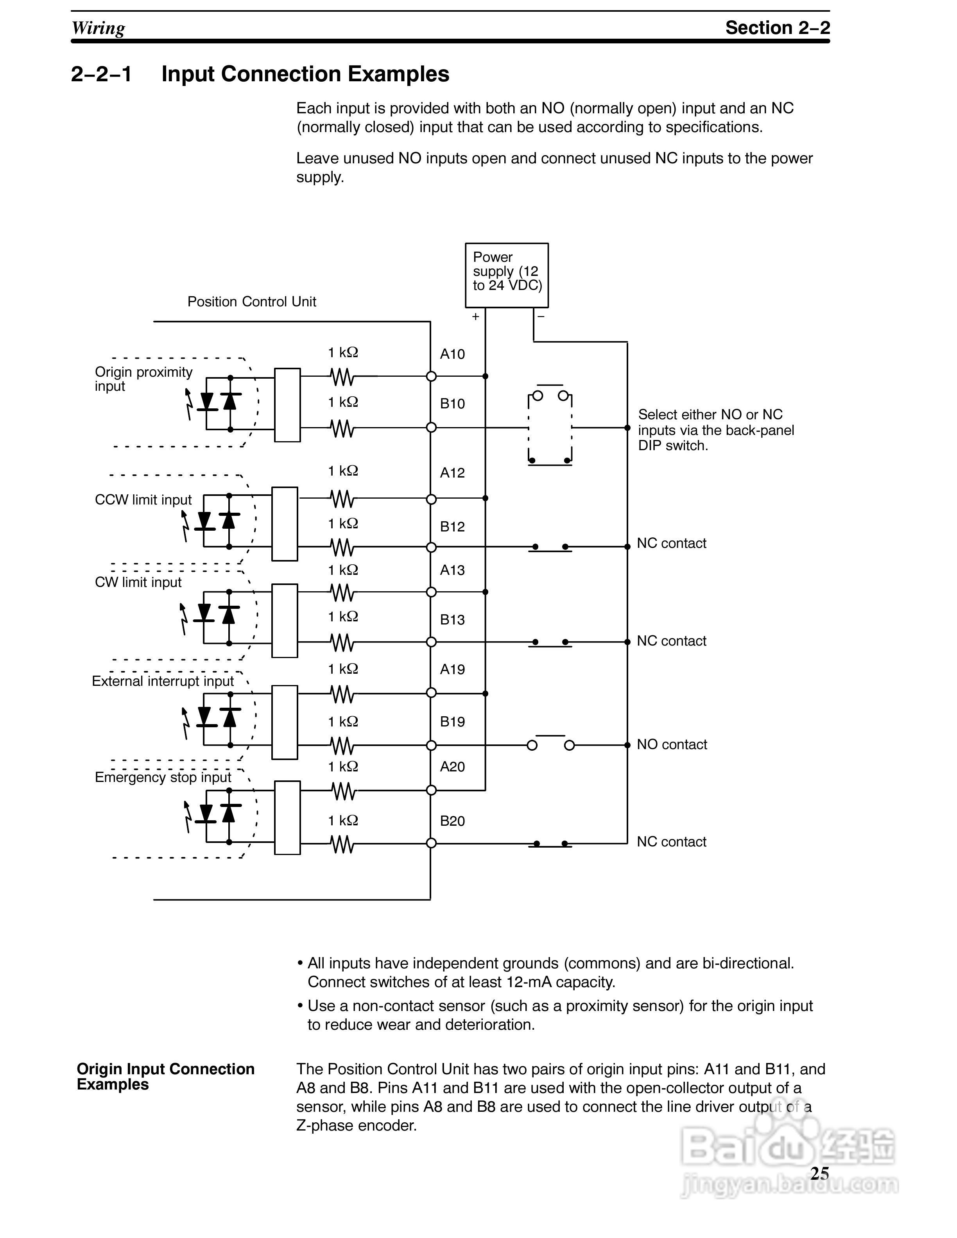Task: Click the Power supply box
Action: (x=506, y=275)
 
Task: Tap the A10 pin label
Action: (x=452, y=354)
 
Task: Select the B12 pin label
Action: (x=452, y=527)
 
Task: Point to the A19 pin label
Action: (x=452, y=669)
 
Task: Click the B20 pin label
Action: (x=452, y=821)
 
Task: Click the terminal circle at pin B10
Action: (x=431, y=428)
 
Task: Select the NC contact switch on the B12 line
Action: (x=550, y=547)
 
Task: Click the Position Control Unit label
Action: (x=252, y=302)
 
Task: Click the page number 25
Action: (x=819, y=1174)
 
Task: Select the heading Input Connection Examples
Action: (x=305, y=74)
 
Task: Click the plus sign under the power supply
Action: (x=475, y=316)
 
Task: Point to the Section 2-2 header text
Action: (x=777, y=27)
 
